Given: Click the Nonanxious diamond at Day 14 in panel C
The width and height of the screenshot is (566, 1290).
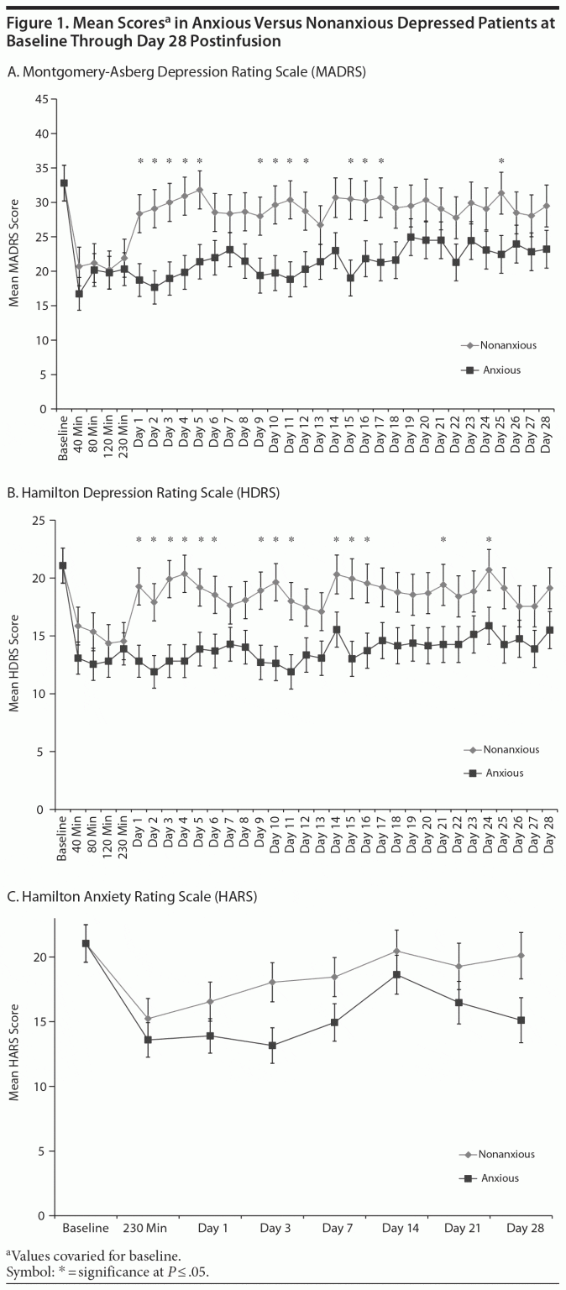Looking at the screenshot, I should coord(396,951).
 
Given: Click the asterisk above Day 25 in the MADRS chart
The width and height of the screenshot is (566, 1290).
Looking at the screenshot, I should coord(501,162).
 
